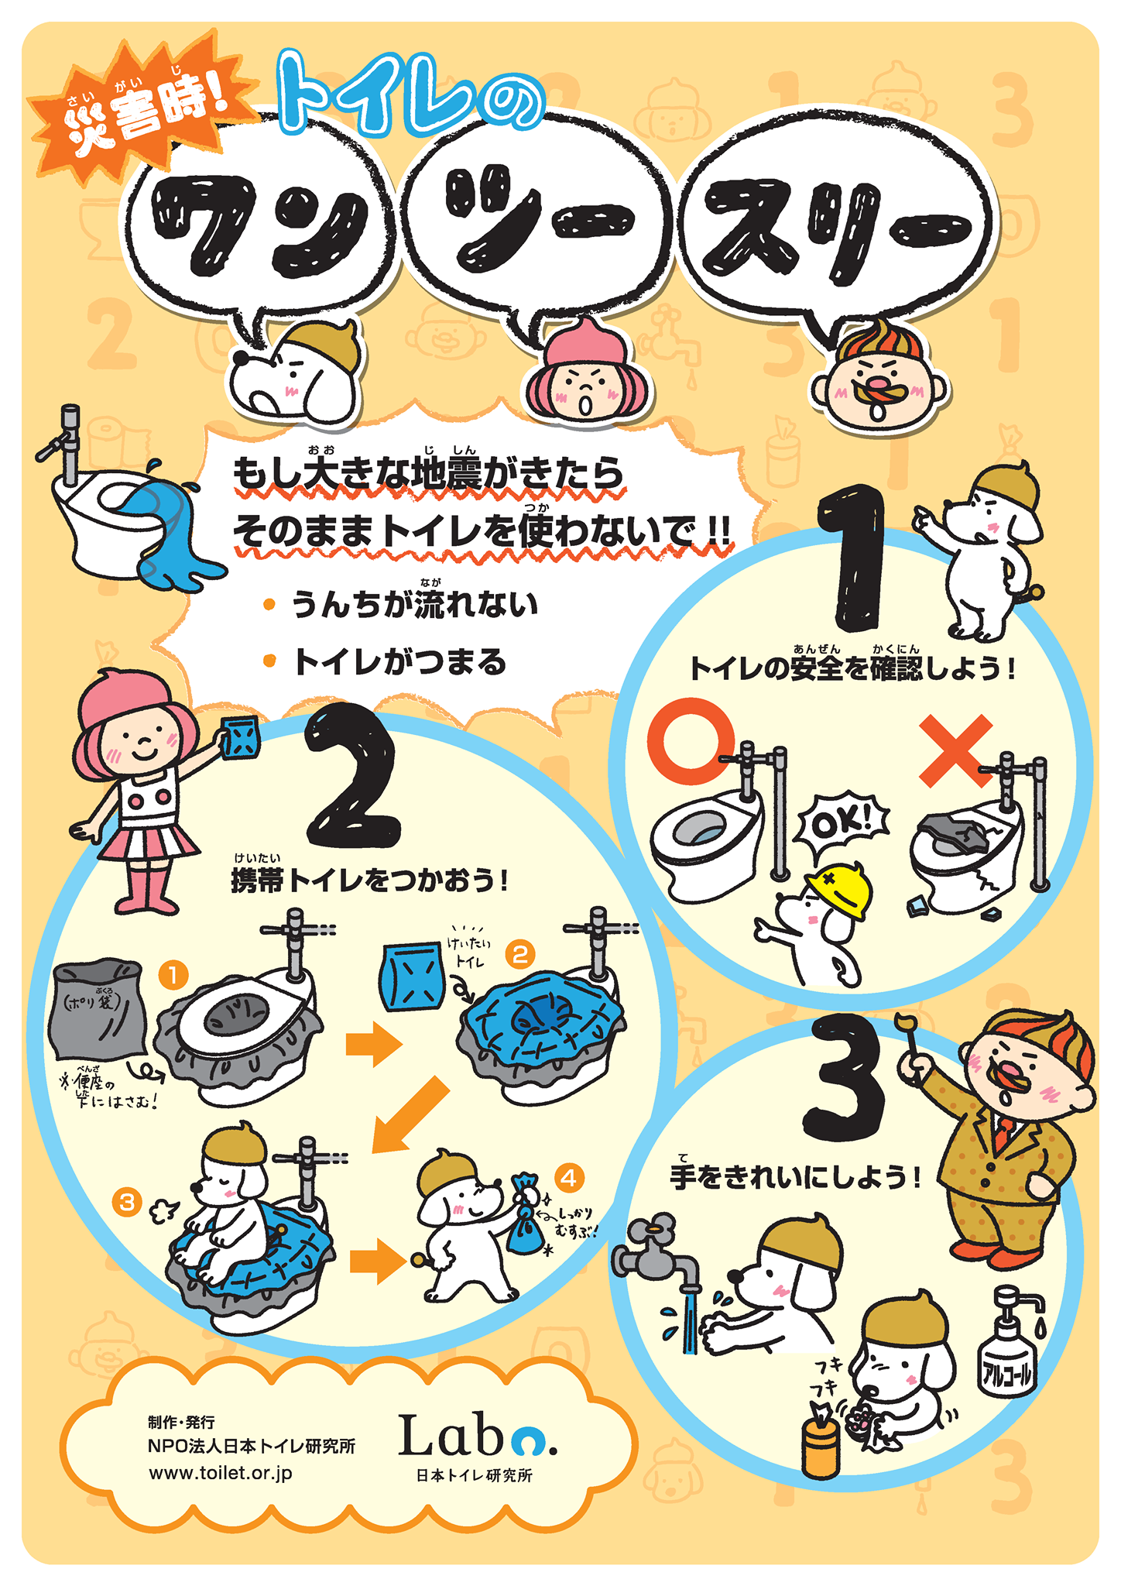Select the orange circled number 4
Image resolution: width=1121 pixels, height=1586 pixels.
pyautogui.click(x=569, y=1178)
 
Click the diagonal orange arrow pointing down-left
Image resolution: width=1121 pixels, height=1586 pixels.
pyautogui.click(x=410, y=1115)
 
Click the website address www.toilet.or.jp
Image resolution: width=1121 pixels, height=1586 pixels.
pyautogui.click(x=221, y=1474)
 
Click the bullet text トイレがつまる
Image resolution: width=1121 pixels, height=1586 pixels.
pyautogui.click(x=399, y=663)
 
